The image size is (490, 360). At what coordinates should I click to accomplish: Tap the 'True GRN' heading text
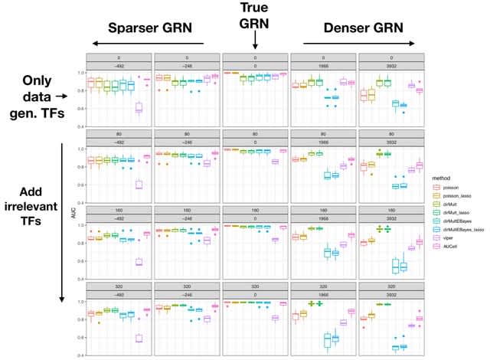(253, 15)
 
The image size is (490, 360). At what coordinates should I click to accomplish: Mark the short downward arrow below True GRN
(253, 44)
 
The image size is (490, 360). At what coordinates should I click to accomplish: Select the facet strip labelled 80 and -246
(187, 139)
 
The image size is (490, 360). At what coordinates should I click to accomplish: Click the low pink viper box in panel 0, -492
(139, 107)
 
